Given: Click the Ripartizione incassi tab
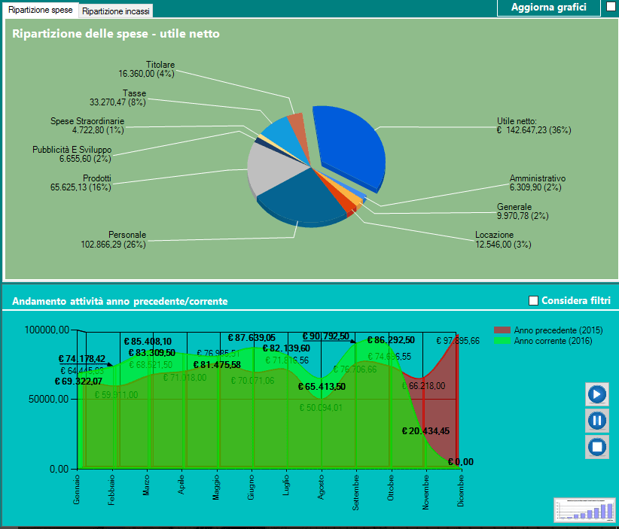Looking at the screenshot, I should pos(116,11).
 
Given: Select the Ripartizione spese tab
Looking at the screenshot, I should pos(40,11).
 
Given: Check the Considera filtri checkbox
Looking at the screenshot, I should pos(534,301).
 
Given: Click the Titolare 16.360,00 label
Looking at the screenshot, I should pos(146,69).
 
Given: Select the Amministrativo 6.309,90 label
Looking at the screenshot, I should pos(537,183).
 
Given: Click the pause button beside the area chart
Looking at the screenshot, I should pos(596,420).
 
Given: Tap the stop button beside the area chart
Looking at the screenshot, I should pos(596,446).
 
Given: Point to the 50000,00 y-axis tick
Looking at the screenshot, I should pos(48,399).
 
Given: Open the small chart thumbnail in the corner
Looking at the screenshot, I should pos(584,509).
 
